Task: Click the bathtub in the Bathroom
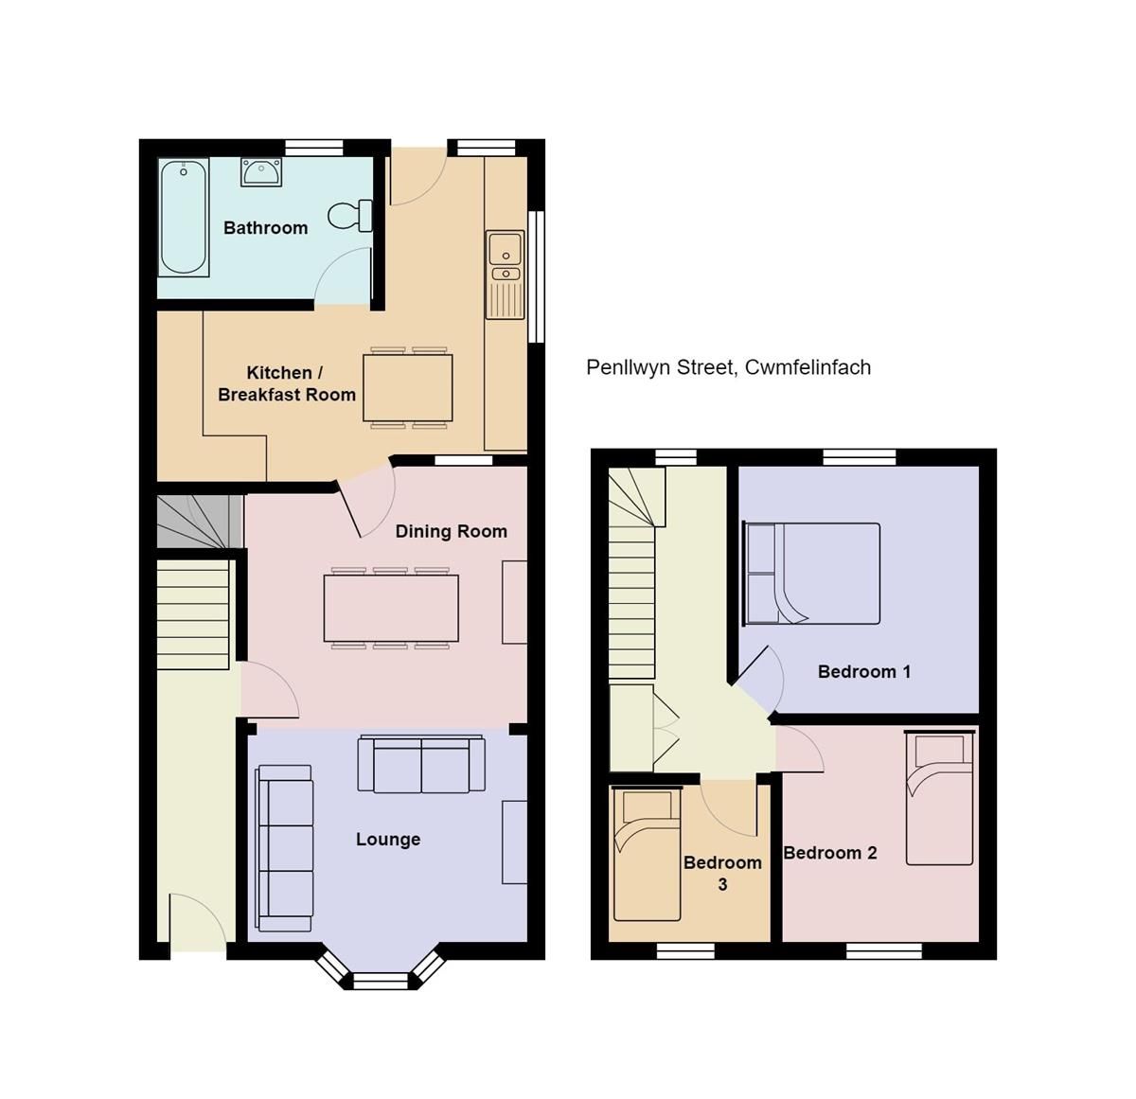tap(184, 218)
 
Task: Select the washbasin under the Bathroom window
tap(260, 172)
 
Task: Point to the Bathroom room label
tap(265, 228)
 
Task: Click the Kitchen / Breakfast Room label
tap(286, 383)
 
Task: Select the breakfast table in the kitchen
tap(407, 387)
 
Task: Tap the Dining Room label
tap(451, 531)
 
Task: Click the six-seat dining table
tap(391, 608)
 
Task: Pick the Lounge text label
tap(388, 840)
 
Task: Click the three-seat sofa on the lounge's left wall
tap(284, 848)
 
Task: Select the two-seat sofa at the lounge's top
tap(421, 765)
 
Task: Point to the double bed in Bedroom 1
tap(813, 574)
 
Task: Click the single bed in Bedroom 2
tap(939, 798)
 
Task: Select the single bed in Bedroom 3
tap(647, 855)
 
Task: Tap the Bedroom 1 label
tap(863, 672)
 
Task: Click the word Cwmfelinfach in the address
tap(808, 367)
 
